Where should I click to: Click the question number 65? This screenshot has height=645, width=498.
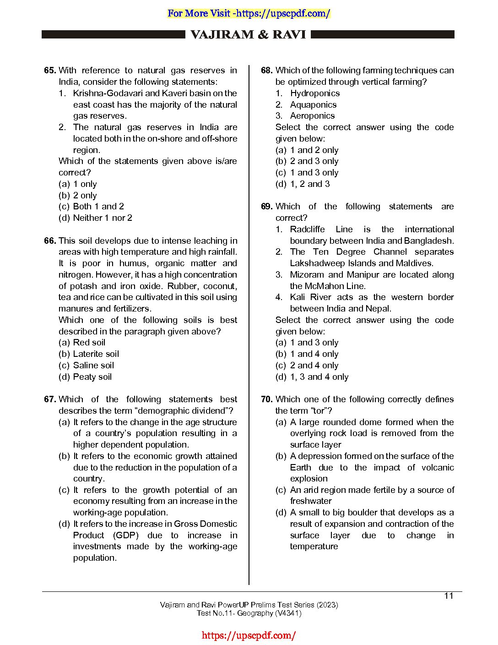(50, 71)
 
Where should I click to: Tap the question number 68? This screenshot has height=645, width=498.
(266, 71)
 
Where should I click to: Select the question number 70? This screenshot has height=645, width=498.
(266, 399)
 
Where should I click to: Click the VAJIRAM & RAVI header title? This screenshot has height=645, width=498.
(248, 35)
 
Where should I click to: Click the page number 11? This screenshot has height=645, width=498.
(449, 596)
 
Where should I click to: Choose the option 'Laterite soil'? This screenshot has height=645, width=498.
(96, 354)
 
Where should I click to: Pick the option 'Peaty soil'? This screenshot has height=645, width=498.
(92, 377)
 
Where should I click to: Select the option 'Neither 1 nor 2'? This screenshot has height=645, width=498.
(103, 218)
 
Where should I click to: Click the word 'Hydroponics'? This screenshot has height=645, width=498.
(315, 93)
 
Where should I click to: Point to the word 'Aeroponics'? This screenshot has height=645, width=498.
(312, 116)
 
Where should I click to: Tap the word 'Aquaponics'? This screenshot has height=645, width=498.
(313, 105)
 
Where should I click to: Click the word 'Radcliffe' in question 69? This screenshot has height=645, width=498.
(307, 230)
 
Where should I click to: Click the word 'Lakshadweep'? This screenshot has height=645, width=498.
(316, 263)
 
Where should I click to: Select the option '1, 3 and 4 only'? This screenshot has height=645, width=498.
(319, 377)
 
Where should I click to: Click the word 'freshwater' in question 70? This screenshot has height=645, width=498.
(311, 501)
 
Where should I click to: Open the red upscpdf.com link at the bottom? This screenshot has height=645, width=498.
(249, 635)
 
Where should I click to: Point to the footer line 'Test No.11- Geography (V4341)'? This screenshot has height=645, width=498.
(249, 613)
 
